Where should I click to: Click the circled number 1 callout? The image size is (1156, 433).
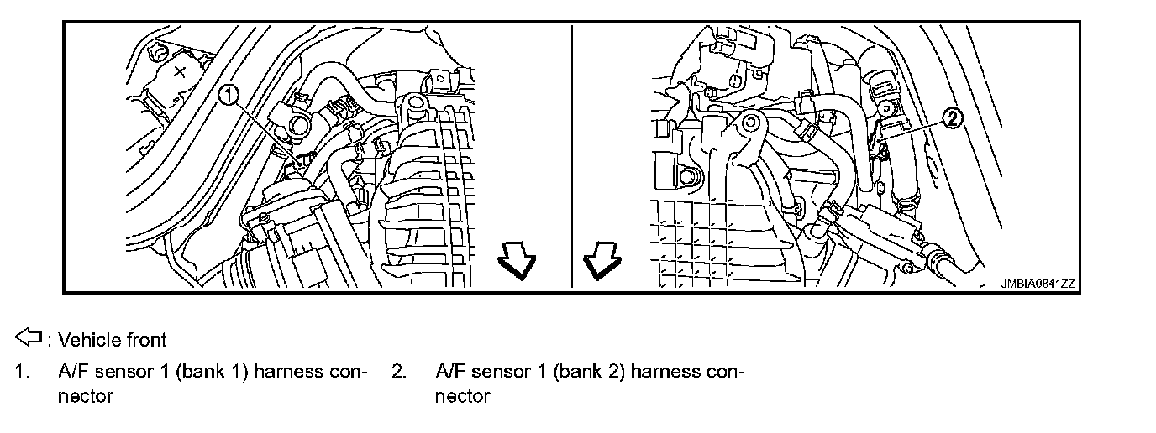pyautogui.click(x=230, y=95)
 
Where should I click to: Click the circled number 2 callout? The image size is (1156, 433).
pyautogui.click(x=950, y=119)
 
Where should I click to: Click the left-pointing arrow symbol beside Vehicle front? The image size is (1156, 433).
pyautogui.click(x=28, y=338)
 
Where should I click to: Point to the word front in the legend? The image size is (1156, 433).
pyautogui.click(x=145, y=340)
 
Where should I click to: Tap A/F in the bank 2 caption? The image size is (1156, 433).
pyautogui.click(x=450, y=371)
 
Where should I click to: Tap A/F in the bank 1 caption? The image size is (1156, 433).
pyautogui.click(x=72, y=371)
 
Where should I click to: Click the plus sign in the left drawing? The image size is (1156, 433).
pyautogui.click(x=179, y=72)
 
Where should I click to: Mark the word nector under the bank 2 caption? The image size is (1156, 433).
pyautogui.click(x=462, y=395)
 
